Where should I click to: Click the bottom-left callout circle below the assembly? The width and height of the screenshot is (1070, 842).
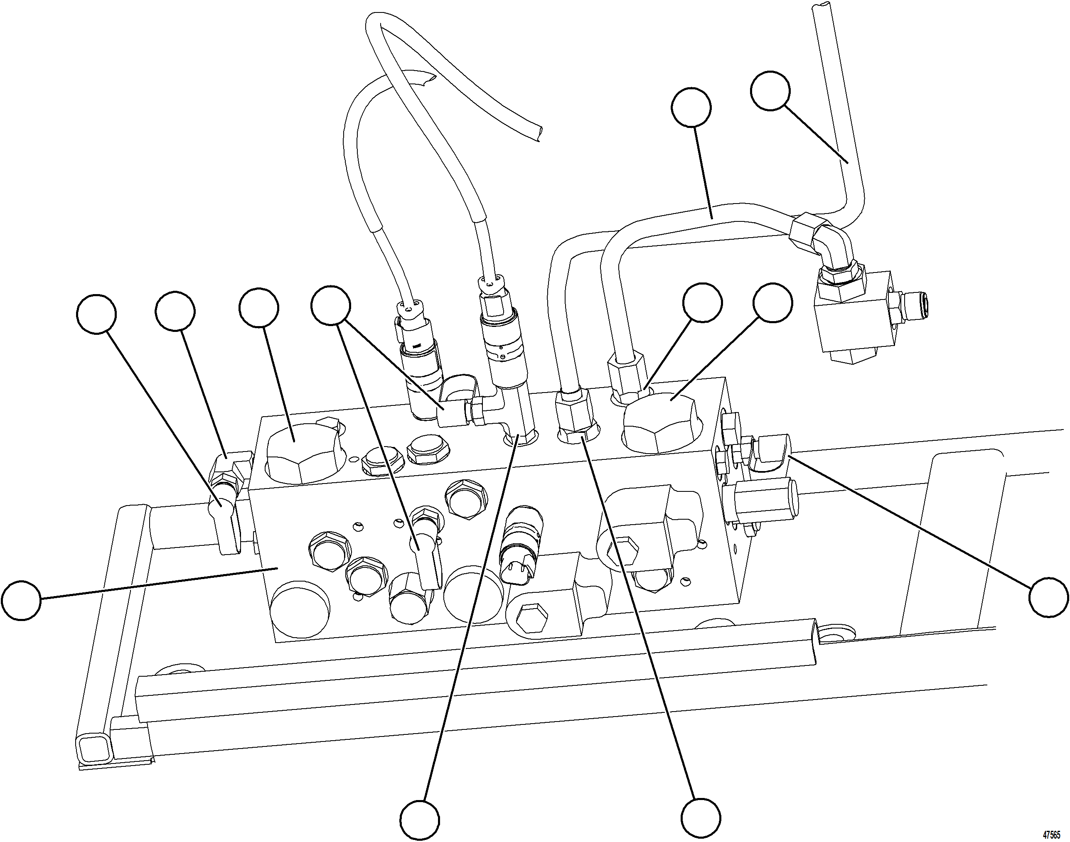click(x=419, y=821)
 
